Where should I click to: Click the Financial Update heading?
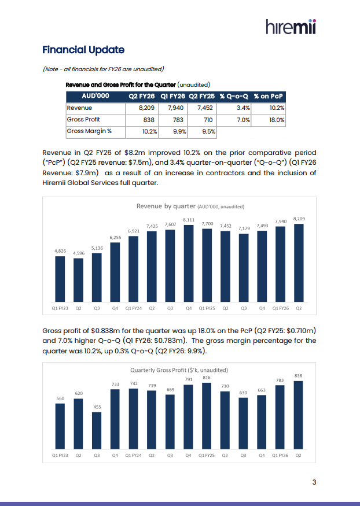83,50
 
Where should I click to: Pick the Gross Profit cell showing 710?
207,120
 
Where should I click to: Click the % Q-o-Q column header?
234,96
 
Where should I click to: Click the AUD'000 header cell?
96,96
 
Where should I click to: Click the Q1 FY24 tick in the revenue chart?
134,309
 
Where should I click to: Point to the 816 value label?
206,377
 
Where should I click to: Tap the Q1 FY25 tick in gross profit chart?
207,455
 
